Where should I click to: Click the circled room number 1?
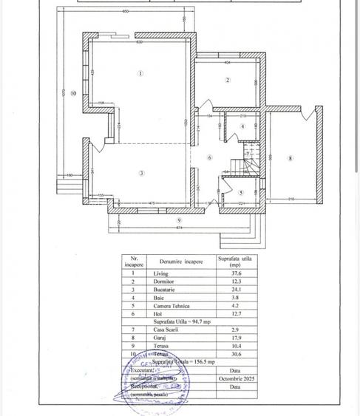pos(140,73)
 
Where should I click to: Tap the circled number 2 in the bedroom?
pos(228,80)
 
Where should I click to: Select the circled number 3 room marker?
pos(140,173)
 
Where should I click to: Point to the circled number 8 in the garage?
pos(291,158)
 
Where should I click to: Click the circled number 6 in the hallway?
pos(209,157)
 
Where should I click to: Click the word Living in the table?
pos(157,273)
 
